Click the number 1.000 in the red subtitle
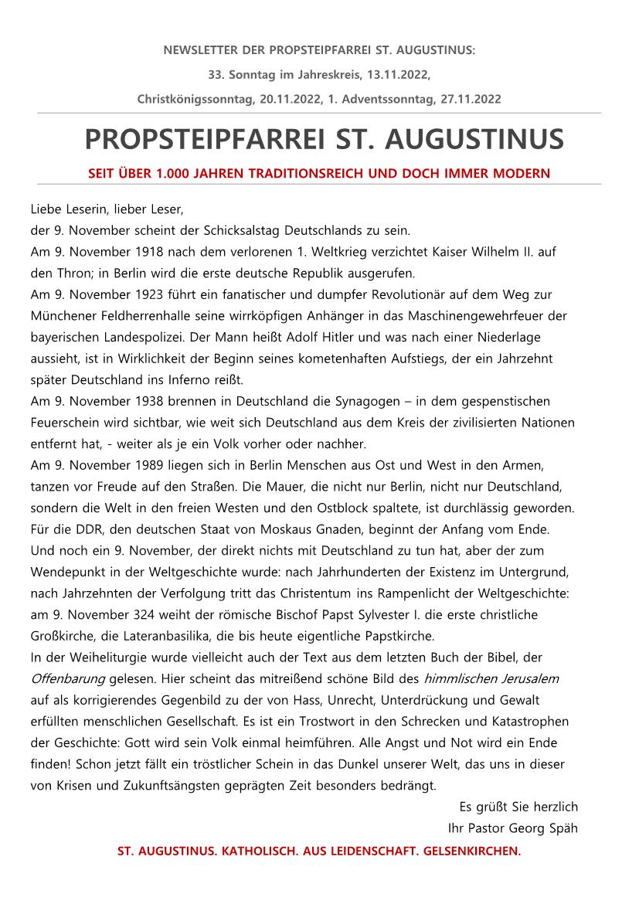pyautogui.click(x=175, y=173)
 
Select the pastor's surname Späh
pyautogui.click(x=561, y=828)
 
